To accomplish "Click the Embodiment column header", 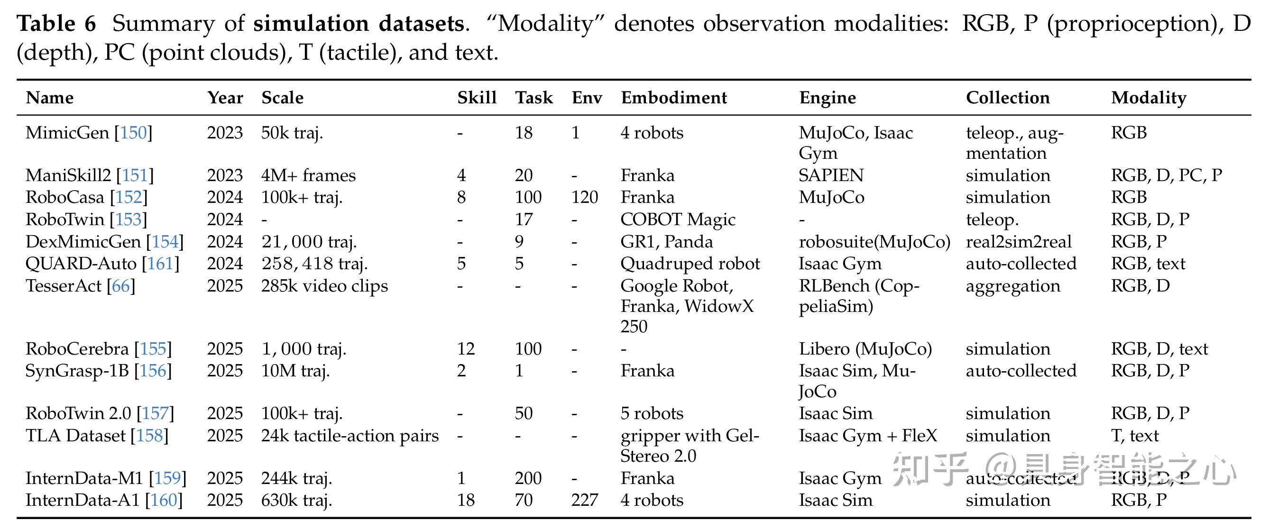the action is coord(673,98).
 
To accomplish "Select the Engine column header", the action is coord(827,99).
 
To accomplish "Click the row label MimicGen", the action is coord(67,133).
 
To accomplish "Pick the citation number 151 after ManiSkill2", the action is coord(135,175).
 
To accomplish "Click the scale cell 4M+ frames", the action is coord(308,175).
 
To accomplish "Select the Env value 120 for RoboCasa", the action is coord(584,198).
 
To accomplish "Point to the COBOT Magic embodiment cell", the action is coord(678,219).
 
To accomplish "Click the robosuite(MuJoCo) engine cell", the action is coord(874,242).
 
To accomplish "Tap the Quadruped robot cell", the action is coord(690,264).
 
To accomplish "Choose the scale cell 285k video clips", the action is coord(325,286).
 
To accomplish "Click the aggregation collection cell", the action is coord(1013,287).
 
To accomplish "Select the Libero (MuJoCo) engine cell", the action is coord(865,349).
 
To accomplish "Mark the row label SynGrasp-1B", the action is coord(77,371).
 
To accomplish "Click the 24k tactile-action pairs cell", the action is coord(350,436).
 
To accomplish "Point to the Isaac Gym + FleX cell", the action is coord(868,436).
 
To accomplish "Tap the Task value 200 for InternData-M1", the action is coord(528,478).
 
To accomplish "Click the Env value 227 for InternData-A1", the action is coord(584,500).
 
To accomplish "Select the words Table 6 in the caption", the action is coord(56,24).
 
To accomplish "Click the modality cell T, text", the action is coord(1134,436).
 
